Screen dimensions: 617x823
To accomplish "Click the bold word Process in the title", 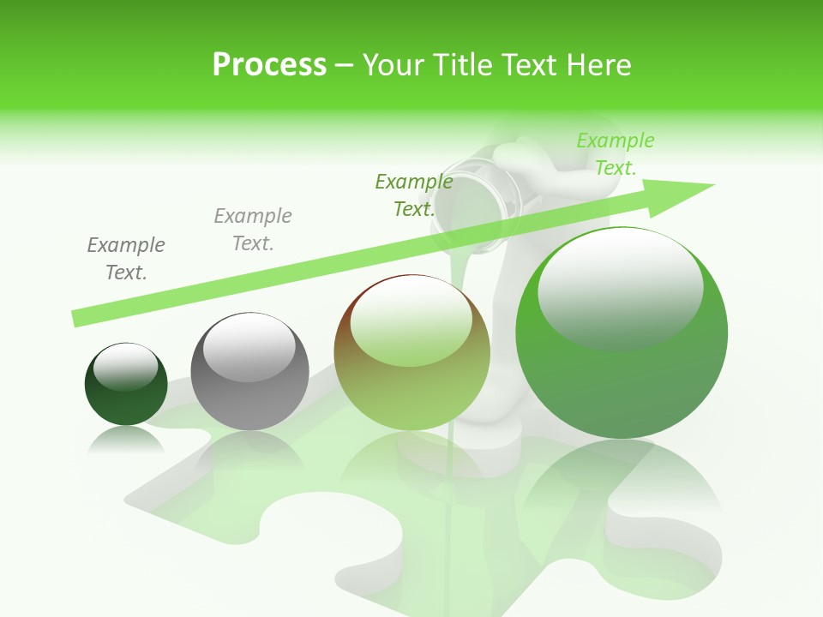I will (269, 64).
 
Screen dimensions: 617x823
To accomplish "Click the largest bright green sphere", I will (622, 377).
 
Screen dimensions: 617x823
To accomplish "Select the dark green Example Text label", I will (414, 195).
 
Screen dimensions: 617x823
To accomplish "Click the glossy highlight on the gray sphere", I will (249, 347).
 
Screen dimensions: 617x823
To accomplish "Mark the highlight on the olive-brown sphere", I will (411, 321).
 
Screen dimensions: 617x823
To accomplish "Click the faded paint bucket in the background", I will (477, 193).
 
